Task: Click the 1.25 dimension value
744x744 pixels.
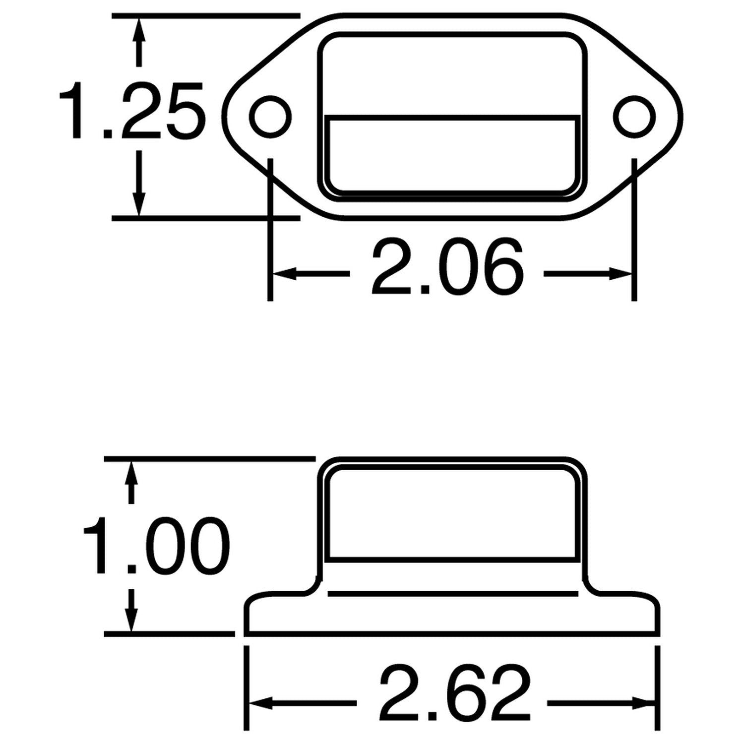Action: click(x=131, y=110)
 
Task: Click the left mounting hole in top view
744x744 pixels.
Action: click(x=270, y=118)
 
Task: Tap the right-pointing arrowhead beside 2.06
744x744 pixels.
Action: click(x=620, y=273)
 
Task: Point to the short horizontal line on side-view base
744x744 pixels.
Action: click(x=452, y=593)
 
